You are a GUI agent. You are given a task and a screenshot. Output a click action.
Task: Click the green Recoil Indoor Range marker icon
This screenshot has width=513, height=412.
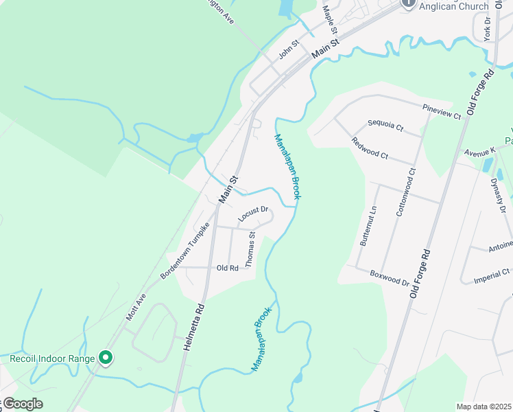tap(106, 357)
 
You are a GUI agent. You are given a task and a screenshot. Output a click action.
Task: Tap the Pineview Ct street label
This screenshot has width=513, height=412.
tap(442, 112)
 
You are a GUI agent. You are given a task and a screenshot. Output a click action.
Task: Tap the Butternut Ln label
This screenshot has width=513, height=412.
tap(368, 226)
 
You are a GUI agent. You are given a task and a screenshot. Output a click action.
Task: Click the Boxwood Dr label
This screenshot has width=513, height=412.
tap(390, 278)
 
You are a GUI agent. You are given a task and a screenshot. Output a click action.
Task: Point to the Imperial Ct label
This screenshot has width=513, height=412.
tap(492, 276)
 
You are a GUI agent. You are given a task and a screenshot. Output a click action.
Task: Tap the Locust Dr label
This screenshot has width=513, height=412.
tap(252, 214)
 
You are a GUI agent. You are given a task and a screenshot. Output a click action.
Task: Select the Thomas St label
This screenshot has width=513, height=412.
tap(251, 249)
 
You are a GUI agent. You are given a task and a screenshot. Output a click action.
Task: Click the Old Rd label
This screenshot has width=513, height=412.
tap(227, 268)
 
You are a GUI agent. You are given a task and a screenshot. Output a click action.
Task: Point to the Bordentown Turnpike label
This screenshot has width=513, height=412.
tap(184, 251)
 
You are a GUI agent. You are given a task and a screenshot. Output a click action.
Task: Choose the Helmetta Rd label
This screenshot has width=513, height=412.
tap(194, 328)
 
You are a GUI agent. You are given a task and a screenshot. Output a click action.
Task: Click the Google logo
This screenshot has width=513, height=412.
tap(22, 404)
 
